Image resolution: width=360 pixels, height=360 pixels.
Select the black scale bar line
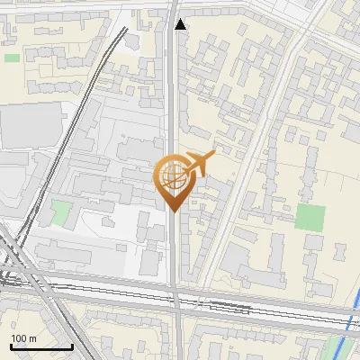(41, 346)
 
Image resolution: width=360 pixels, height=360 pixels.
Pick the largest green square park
(310, 217)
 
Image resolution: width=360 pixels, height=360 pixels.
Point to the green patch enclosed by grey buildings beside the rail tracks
(60, 213)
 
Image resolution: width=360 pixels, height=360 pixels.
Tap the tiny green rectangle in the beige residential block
(12, 58)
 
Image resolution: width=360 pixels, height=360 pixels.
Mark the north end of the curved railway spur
(123, 29)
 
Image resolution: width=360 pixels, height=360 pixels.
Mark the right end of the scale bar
(72, 346)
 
